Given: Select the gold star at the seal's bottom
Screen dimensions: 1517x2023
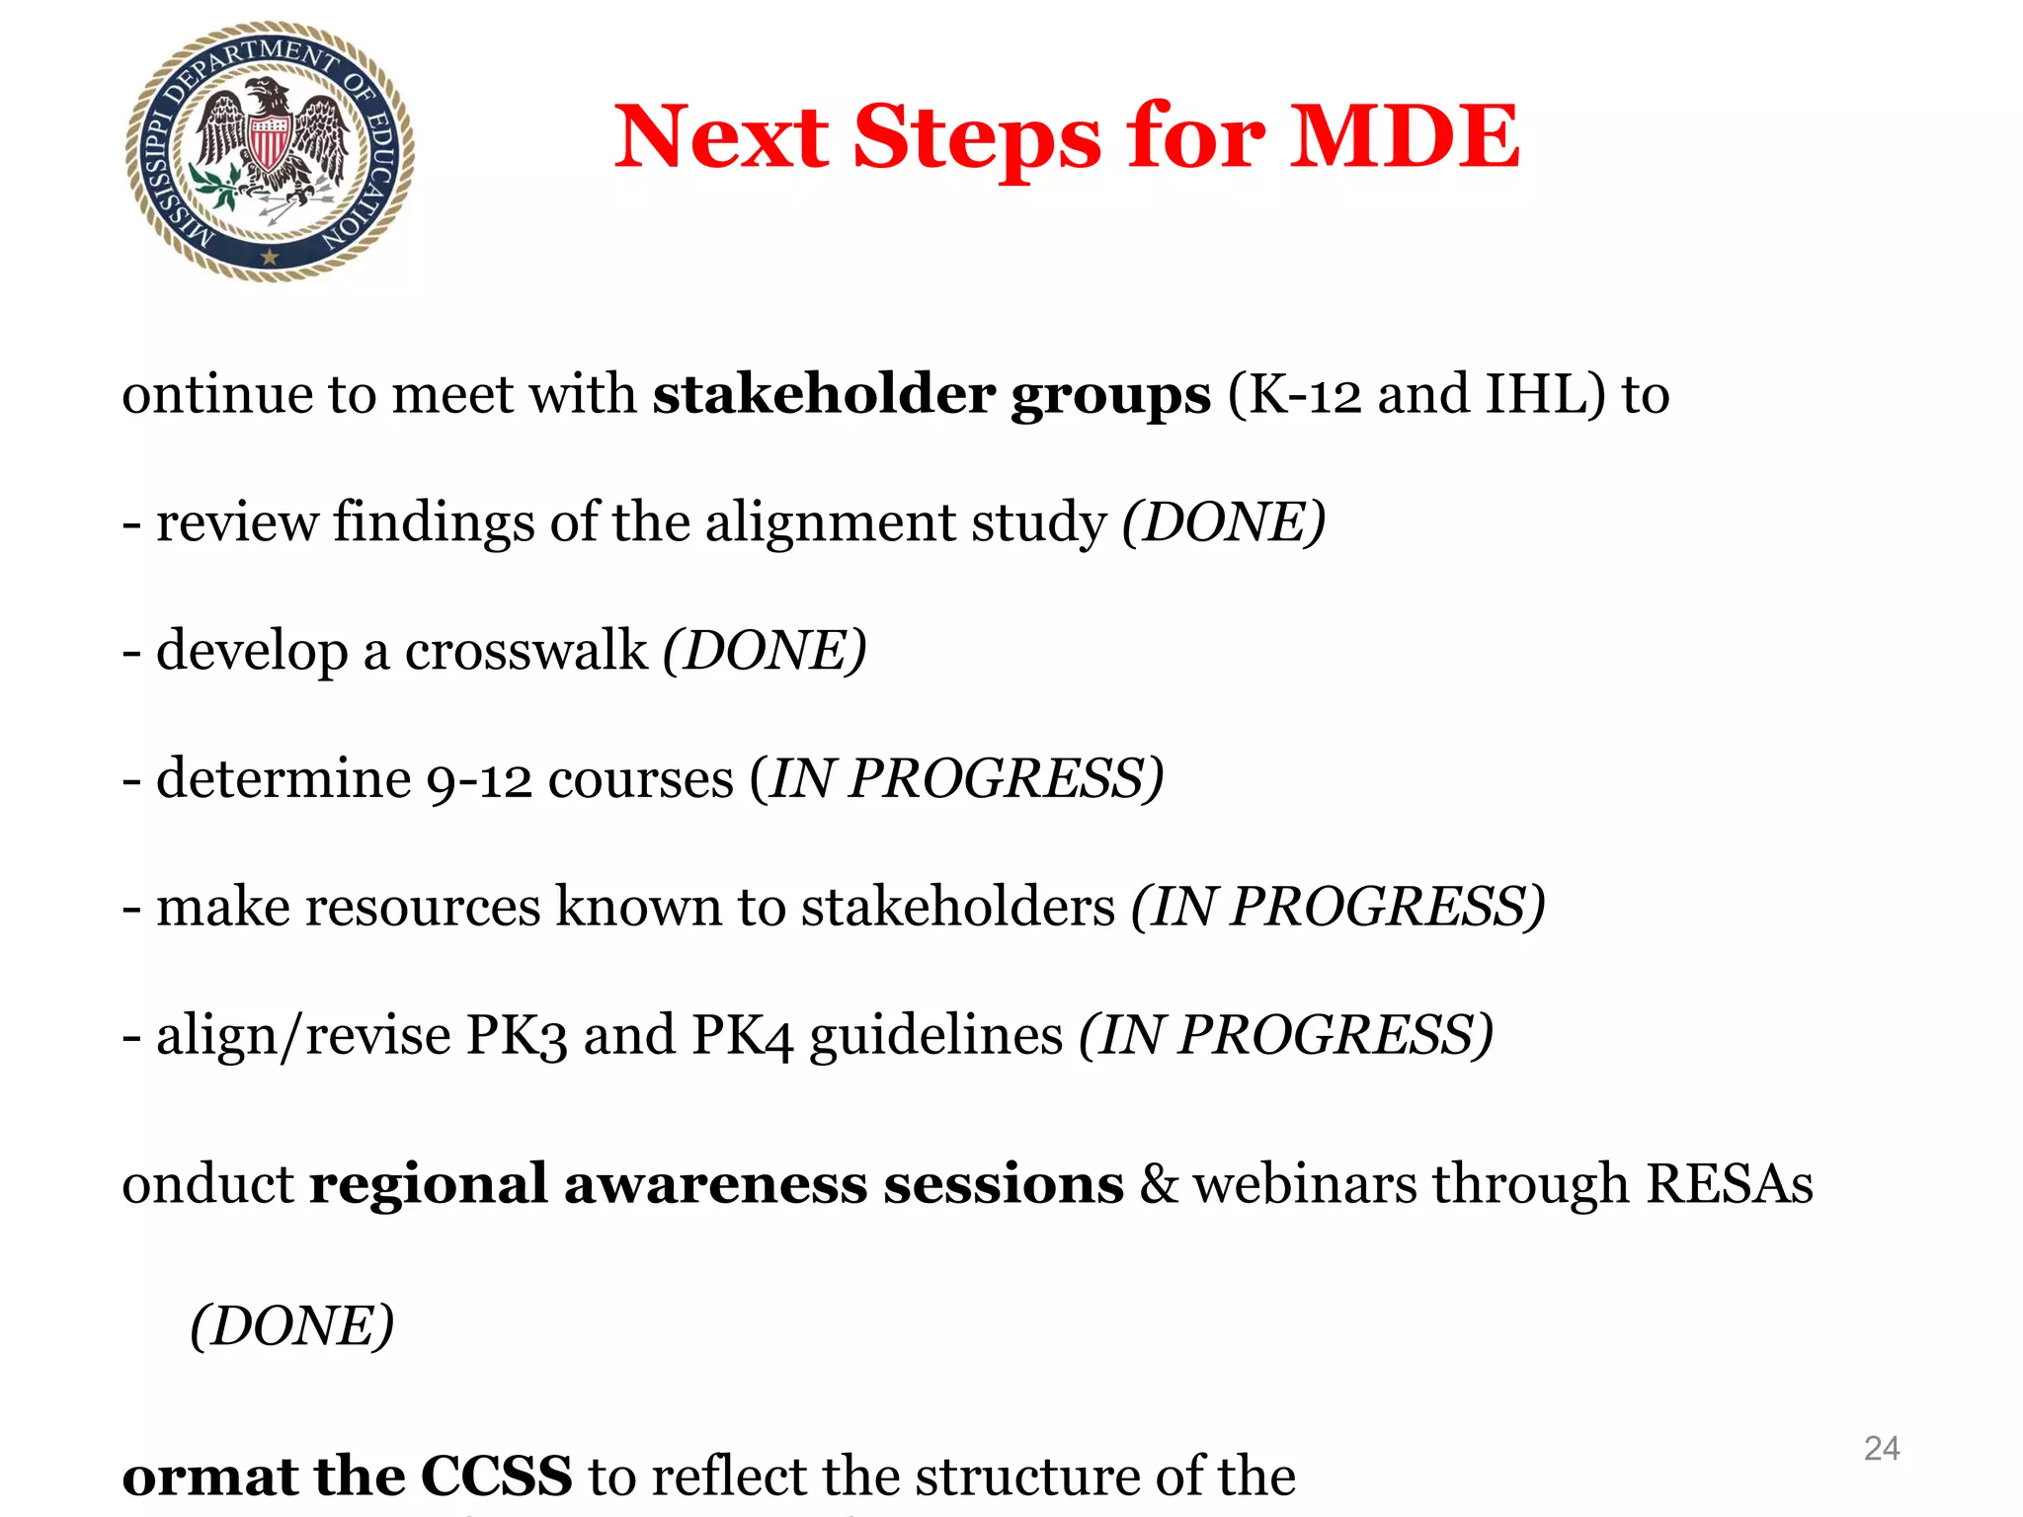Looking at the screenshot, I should point(269,257).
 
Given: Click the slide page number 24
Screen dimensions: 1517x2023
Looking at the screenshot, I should point(1881,1448).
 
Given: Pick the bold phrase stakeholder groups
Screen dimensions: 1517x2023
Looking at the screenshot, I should point(931,394).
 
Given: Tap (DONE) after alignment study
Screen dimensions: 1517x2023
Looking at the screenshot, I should point(1223,522).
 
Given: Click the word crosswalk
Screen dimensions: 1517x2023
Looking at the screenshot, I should point(526,651).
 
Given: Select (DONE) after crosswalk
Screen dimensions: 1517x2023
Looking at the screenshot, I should point(764,651).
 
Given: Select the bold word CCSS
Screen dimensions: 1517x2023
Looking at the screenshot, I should point(496,1477).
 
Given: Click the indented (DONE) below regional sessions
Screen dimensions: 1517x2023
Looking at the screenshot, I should point(291,1325).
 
